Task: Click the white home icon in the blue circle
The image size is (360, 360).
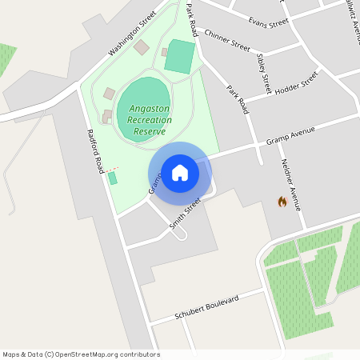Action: tap(180, 172)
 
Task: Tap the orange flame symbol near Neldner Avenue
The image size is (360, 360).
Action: tap(282, 202)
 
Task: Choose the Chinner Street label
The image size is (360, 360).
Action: tap(227, 40)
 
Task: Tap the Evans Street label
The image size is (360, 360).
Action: tap(268, 22)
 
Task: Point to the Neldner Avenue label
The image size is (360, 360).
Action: tap(290, 184)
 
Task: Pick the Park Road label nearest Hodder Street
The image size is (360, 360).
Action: tap(238, 99)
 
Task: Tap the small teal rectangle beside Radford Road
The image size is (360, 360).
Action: tap(113, 178)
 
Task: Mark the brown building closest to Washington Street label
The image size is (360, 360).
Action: tap(142, 48)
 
